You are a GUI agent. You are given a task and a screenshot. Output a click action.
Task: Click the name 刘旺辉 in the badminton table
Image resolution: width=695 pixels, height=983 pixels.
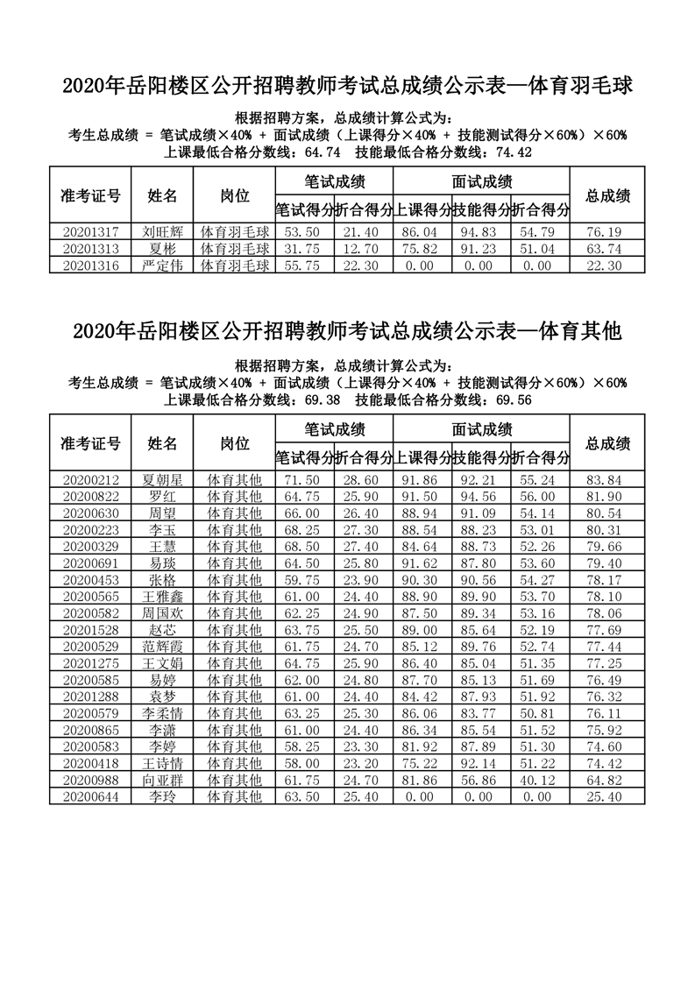point(162,232)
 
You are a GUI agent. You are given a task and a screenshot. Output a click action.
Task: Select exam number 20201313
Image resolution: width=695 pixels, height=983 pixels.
point(90,249)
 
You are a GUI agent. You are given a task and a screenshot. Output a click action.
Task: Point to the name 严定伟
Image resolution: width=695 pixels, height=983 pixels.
point(162,265)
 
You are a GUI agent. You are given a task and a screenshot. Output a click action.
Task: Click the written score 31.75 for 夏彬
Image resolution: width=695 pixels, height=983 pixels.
point(304,249)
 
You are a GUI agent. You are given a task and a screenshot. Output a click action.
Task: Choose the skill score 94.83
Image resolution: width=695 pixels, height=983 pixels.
point(481,232)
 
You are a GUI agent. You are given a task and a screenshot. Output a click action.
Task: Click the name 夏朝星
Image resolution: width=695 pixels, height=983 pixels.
point(162,480)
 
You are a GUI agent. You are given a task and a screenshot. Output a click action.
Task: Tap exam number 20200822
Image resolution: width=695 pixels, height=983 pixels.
point(90,497)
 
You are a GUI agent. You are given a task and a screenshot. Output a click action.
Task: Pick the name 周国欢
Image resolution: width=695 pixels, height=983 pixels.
point(162,613)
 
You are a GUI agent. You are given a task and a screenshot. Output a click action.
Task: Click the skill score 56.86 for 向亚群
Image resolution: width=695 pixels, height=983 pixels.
point(481,780)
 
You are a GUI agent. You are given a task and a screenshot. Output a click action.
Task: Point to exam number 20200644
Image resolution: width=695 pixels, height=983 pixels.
point(90,796)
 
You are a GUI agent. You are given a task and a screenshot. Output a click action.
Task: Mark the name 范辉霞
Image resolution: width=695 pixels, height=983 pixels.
point(162,647)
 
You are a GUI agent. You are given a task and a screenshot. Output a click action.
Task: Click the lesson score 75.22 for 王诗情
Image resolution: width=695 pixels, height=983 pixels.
point(422,763)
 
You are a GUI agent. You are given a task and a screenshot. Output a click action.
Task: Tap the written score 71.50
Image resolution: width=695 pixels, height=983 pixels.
point(304,480)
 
